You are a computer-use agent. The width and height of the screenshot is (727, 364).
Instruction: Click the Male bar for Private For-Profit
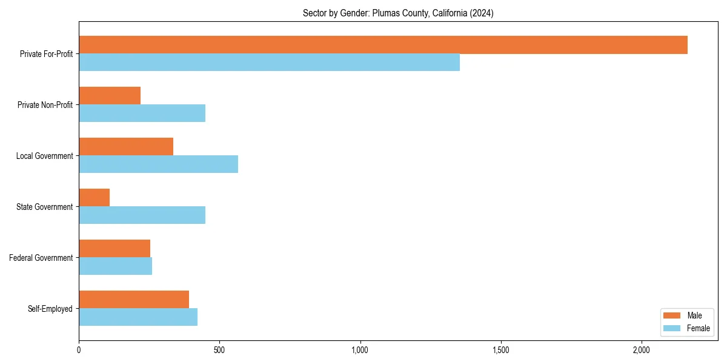[x=383, y=45]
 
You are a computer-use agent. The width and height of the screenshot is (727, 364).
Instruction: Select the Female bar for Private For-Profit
[x=269, y=62]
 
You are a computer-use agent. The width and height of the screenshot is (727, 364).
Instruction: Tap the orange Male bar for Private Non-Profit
[x=110, y=96]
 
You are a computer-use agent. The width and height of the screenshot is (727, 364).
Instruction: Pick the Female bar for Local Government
[x=158, y=164]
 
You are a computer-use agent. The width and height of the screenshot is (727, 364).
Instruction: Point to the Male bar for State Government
[x=94, y=198]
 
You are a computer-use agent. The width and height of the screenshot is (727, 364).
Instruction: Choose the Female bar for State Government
[x=142, y=215]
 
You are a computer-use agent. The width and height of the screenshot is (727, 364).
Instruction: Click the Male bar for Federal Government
[x=115, y=249]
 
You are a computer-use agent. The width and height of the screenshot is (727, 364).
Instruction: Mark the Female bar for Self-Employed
[x=138, y=317]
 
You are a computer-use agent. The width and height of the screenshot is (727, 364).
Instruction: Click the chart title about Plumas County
[x=398, y=13]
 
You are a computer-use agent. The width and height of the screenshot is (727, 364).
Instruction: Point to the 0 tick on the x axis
[x=79, y=350]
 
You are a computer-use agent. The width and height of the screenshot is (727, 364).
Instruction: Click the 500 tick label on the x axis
[x=219, y=350]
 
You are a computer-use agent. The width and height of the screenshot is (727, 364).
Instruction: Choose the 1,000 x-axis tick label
[x=360, y=350]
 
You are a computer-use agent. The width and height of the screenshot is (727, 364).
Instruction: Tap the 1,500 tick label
[x=500, y=350]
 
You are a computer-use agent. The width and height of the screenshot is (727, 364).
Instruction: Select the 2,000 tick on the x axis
[x=641, y=350]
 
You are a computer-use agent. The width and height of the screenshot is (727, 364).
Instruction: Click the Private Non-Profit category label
[x=45, y=105]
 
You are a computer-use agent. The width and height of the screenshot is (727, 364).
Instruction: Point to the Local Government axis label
[x=44, y=156]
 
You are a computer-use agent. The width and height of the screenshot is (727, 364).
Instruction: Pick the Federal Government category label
[x=41, y=258]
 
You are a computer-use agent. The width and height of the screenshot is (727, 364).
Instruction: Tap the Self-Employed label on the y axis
[x=50, y=309]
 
